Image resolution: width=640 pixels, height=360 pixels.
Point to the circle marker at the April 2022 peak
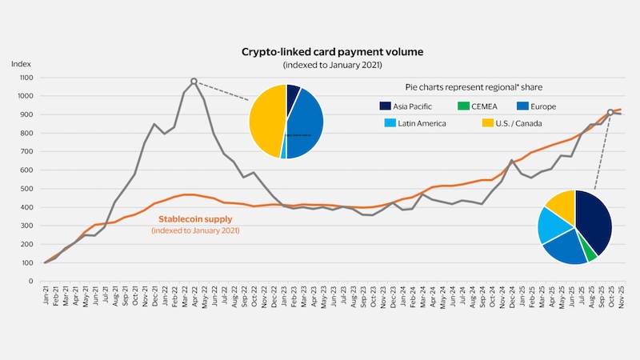pyautogui.click(x=194, y=81)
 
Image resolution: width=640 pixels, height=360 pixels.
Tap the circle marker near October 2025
pyautogui.click(x=610, y=113)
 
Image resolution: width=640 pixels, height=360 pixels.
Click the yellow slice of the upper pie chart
pyautogui.click(x=266, y=120)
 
